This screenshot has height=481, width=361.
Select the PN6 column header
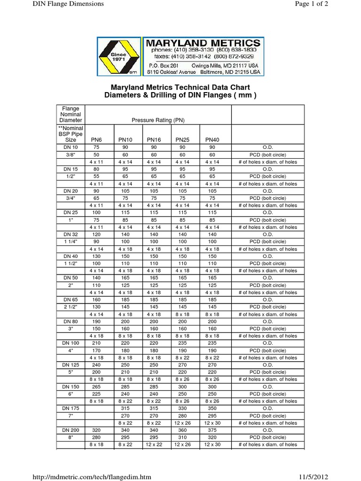point(96,140)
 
